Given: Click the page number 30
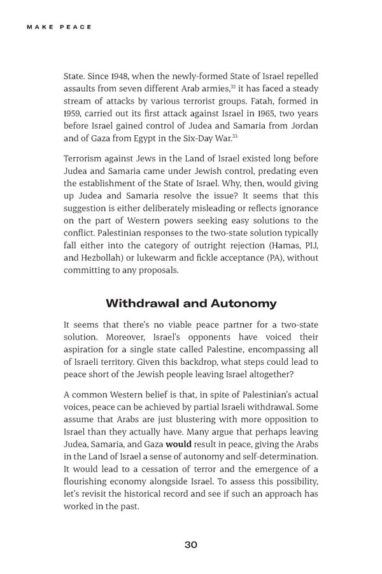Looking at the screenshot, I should tap(191, 545).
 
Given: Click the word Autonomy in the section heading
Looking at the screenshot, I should tap(244, 303).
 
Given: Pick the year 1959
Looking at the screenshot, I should tap(73, 113).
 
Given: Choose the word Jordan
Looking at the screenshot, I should tap(301, 125).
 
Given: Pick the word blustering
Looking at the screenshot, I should tap(192, 419).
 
